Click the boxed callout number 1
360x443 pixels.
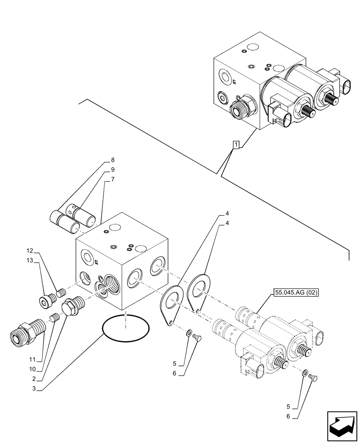237,144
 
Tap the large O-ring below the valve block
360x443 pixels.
126,329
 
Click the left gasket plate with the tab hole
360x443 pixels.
172,302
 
